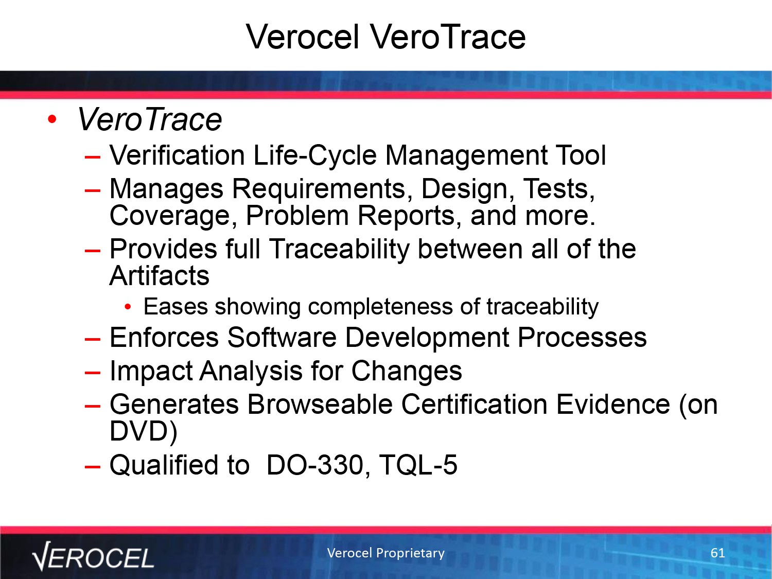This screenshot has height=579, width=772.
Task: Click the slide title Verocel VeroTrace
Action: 385,37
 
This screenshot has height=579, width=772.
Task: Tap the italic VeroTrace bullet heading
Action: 149,120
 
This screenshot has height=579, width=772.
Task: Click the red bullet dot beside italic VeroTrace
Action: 52,119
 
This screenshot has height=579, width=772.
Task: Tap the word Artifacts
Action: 160,276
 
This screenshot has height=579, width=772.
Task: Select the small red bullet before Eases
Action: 128,307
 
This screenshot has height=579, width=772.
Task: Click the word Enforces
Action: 164,338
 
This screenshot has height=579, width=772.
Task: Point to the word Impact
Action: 151,371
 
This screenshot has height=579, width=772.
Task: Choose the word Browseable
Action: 320,405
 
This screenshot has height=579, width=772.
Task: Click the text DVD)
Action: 144,431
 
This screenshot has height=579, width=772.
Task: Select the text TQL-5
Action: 418,465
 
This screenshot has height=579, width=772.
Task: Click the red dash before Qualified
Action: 93,467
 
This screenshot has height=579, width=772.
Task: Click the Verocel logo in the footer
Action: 93,556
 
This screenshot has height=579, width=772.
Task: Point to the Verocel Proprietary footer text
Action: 386,553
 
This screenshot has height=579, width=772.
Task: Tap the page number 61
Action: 717,553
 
